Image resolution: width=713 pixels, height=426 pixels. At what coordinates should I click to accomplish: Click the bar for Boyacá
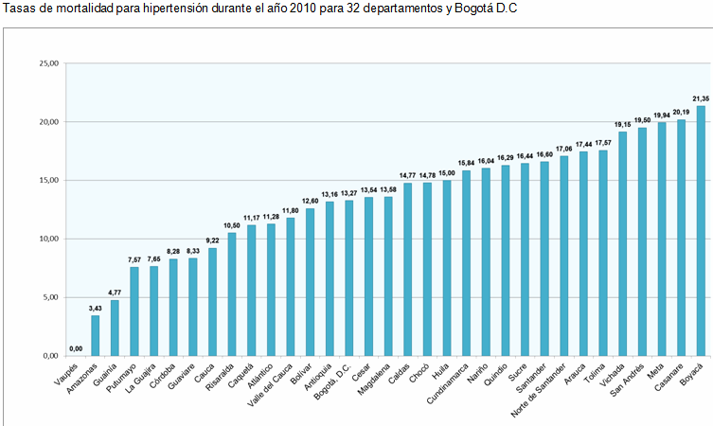[x=701, y=230]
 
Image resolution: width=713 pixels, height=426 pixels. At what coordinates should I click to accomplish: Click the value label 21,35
[x=701, y=98]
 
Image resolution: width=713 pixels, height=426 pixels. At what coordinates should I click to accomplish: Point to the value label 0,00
[x=76, y=348]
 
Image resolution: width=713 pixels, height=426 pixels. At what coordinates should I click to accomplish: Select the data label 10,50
[x=232, y=225]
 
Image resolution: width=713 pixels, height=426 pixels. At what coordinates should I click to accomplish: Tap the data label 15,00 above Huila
[x=447, y=173]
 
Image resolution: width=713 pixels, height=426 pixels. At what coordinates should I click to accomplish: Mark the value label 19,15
[x=622, y=124]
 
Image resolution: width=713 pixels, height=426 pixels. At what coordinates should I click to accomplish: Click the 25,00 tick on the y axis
[x=48, y=63]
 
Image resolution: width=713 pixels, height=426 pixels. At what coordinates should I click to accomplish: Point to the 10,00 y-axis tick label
[x=48, y=239]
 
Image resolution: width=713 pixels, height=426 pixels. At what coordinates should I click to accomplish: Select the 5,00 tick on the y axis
[x=50, y=297]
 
